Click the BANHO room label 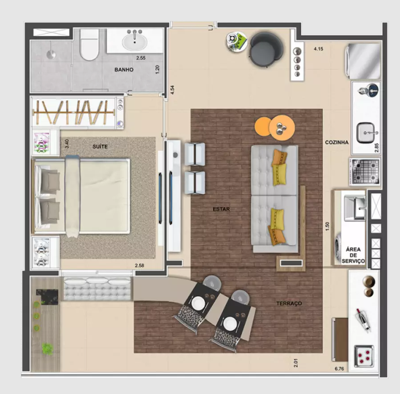click(x=124, y=70)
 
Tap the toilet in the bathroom click(x=89, y=44)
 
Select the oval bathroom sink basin click(x=135, y=42)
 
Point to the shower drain click(x=51, y=54)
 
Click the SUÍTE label click(x=100, y=147)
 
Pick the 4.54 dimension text click(x=173, y=90)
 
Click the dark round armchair click(x=266, y=50)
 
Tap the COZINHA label click(x=337, y=143)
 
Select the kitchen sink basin click(x=366, y=132)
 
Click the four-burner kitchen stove click(x=365, y=171)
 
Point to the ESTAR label click(x=221, y=209)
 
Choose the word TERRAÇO click(x=289, y=303)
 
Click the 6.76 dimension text click(x=339, y=369)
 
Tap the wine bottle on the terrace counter click(x=363, y=320)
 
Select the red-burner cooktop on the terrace click(x=364, y=356)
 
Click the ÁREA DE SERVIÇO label click(x=354, y=255)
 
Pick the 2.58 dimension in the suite click(x=139, y=265)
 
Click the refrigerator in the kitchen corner click(x=363, y=61)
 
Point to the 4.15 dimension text click(x=318, y=49)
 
